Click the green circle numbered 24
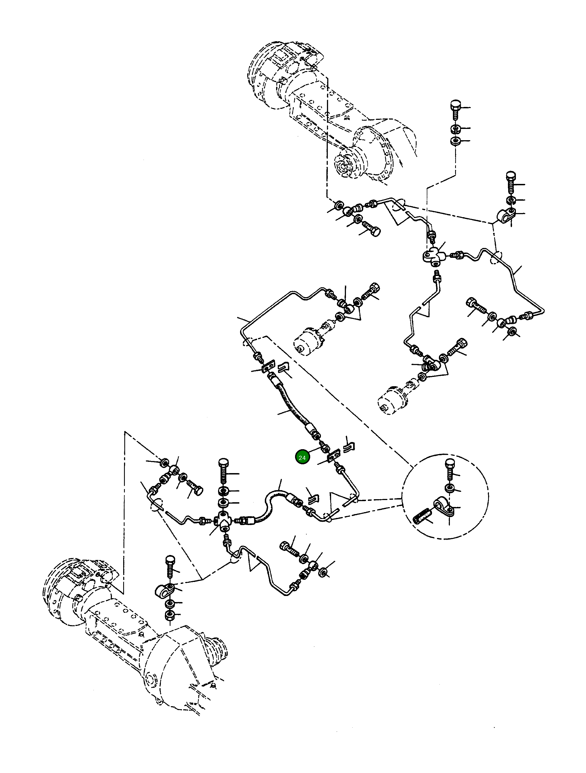coord(302,457)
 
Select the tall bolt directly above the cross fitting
coord(223,472)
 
